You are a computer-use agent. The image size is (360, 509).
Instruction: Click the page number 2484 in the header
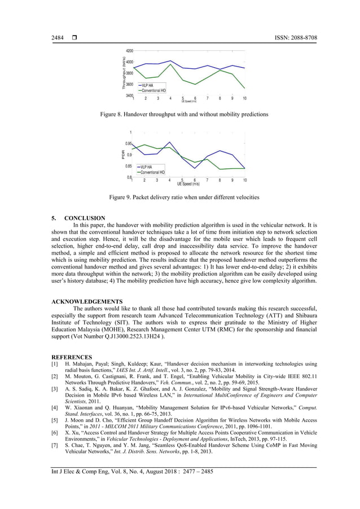coord(58,38)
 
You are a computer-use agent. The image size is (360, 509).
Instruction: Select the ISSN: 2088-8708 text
coord(293,38)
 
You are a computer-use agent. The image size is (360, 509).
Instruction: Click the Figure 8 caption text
coord(179,115)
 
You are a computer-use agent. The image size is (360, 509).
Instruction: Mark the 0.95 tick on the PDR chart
coord(129,144)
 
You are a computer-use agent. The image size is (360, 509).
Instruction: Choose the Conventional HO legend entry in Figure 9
coord(150,172)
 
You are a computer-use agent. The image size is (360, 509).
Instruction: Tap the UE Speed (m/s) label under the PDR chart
coord(188,184)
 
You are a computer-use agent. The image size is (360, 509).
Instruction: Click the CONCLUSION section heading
coord(85,218)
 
